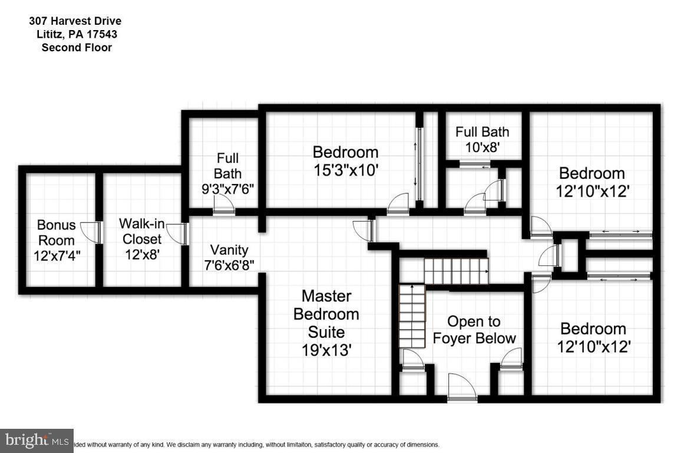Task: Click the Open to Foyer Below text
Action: click(474, 330)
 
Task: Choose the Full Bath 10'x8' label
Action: click(483, 140)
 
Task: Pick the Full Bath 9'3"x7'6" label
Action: click(227, 174)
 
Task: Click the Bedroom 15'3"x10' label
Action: click(345, 161)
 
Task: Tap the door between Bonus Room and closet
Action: click(91, 232)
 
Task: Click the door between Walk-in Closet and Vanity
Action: click(177, 234)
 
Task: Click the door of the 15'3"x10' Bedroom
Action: click(398, 203)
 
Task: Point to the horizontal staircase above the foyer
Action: click(457, 271)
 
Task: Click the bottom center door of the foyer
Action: click(462, 388)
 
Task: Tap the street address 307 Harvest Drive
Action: click(75, 21)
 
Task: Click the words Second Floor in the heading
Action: click(77, 47)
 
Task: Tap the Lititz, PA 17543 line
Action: click(77, 34)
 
